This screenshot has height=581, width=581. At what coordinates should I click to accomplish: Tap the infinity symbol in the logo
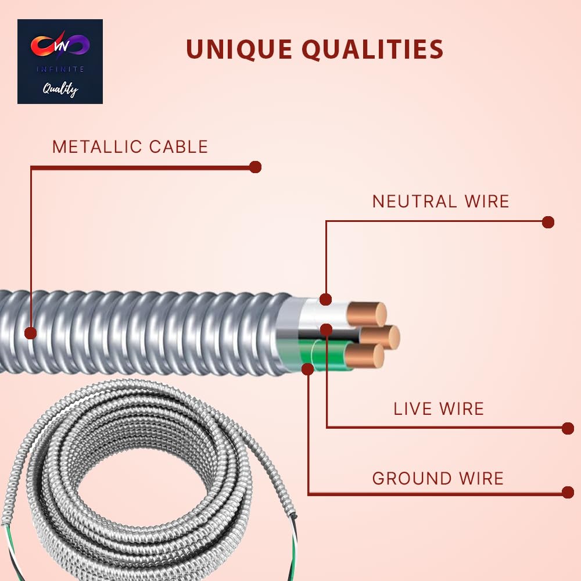click(x=60, y=46)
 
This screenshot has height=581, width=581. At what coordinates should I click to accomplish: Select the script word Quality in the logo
click(x=60, y=89)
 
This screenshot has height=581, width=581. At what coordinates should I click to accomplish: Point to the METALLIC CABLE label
click(x=130, y=146)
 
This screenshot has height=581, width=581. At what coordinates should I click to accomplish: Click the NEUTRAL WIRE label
click(x=440, y=202)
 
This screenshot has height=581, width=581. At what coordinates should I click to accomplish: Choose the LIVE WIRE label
click(x=439, y=408)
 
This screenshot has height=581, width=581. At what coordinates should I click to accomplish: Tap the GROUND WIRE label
click(x=437, y=479)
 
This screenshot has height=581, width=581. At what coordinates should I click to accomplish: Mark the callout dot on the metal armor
click(x=31, y=333)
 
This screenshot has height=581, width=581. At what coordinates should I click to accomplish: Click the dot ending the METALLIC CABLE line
click(x=255, y=167)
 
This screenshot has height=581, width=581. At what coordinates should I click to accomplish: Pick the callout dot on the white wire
click(x=326, y=299)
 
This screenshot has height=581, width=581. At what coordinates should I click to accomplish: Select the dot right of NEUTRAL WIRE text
click(x=548, y=222)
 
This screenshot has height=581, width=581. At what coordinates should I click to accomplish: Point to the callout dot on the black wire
click(x=326, y=329)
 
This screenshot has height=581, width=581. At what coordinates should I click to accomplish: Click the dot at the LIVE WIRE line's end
click(x=568, y=428)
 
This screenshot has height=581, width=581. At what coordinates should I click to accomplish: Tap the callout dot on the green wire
click(x=309, y=369)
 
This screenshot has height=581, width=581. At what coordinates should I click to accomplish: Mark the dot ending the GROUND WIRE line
click(x=568, y=492)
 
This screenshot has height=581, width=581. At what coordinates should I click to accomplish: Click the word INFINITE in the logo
click(x=60, y=69)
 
